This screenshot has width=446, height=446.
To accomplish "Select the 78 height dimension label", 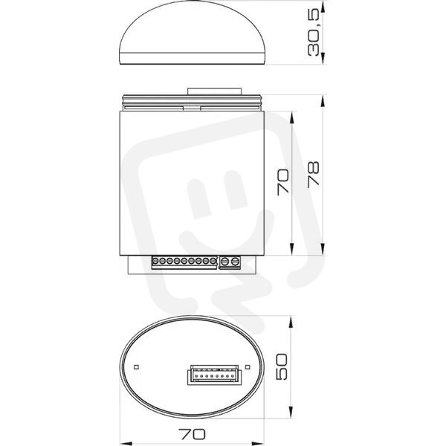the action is [313, 175].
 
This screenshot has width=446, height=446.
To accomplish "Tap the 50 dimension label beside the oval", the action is [282, 366].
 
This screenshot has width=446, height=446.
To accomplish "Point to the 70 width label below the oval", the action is [192, 434].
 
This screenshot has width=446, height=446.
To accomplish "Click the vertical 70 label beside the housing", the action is [282, 182].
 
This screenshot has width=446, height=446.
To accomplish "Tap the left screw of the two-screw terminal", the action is [224, 262].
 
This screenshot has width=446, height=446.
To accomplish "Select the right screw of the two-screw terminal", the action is [235, 262].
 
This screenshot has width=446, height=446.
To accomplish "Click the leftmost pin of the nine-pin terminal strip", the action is [155, 261].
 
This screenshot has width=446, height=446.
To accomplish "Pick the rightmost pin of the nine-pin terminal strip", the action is [213, 261].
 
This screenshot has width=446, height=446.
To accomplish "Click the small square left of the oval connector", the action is [136, 367].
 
